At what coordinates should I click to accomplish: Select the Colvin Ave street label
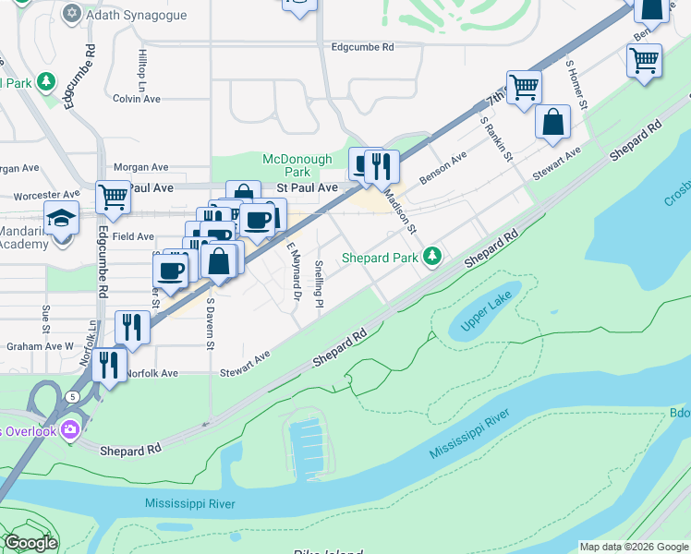[x=137, y=99]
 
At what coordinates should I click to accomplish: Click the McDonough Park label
[x=297, y=165]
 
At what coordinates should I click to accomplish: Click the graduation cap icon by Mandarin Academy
[x=61, y=220]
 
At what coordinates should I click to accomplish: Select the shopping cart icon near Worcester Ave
[x=113, y=195]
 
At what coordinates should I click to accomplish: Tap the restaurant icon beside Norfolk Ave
[x=109, y=364]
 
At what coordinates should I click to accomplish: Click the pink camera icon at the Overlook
[x=69, y=430]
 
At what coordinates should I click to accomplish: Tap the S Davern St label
[x=211, y=323]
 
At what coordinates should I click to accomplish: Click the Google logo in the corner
[x=30, y=543]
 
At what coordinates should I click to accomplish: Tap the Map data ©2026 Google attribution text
[x=633, y=547]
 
